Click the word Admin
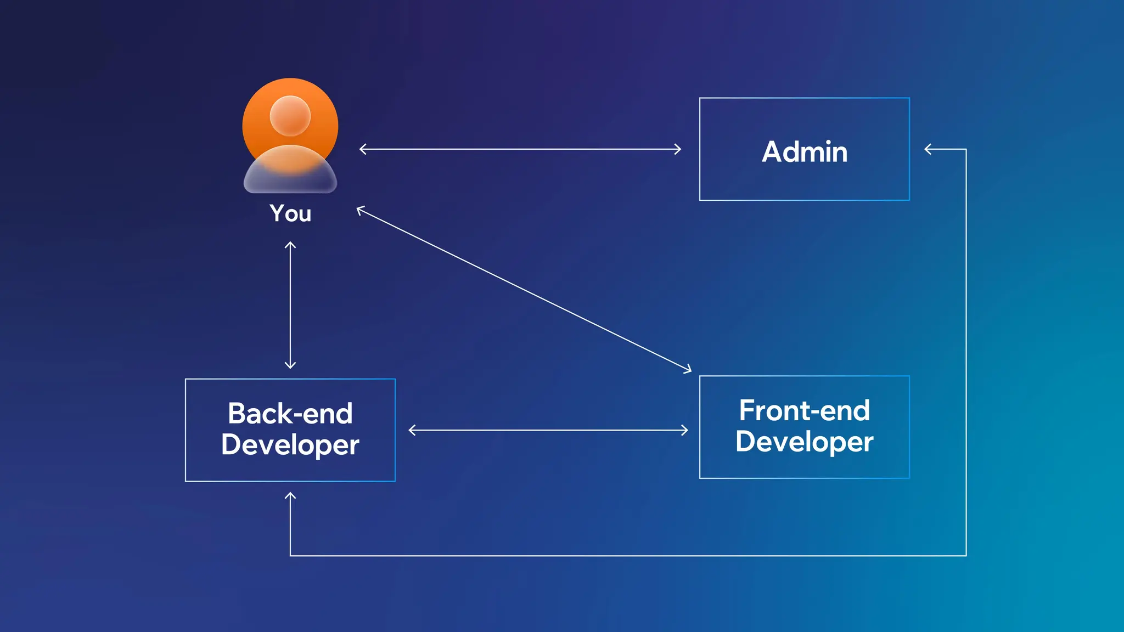[805, 152]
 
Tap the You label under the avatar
[290, 213]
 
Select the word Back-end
[290, 413]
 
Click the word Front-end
[804, 410]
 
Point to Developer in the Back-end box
[290, 445]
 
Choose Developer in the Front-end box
[804, 442]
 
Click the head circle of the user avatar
[290, 116]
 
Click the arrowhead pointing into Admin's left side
[679, 149]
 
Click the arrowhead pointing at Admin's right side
[927, 149]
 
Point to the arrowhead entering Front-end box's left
[685, 430]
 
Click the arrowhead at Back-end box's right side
[411, 430]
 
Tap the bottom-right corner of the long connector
[966, 556]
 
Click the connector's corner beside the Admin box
[966, 149]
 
